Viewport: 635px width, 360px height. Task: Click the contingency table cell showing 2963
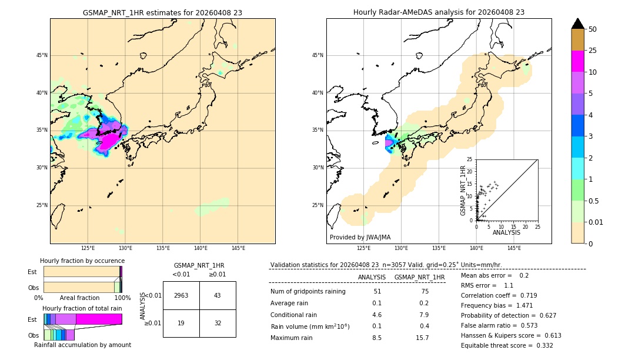(x=181, y=295)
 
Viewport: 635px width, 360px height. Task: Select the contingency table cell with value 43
(x=217, y=295)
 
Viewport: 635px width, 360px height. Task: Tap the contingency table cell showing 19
(x=181, y=323)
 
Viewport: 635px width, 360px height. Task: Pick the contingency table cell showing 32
(x=217, y=323)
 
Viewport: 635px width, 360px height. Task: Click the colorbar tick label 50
(x=593, y=29)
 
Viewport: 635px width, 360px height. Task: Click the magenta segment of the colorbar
(x=578, y=61)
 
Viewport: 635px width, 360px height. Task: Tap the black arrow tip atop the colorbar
(x=578, y=23)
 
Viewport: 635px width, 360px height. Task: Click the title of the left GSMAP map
(x=162, y=12)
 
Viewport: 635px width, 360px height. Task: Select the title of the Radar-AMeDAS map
(x=439, y=12)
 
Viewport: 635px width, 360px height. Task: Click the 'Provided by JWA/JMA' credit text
(x=360, y=238)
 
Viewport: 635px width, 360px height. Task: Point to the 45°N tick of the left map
(x=42, y=55)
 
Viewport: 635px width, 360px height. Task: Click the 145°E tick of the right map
(x=514, y=248)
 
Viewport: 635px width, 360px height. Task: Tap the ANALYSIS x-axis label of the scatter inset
(x=506, y=233)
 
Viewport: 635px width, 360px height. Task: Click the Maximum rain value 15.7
(x=422, y=338)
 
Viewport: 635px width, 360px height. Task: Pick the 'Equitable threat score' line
(x=507, y=345)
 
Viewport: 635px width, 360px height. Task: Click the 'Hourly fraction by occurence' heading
(x=82, y=261)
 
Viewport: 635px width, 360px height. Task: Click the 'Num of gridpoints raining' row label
(x=308, y=291)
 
